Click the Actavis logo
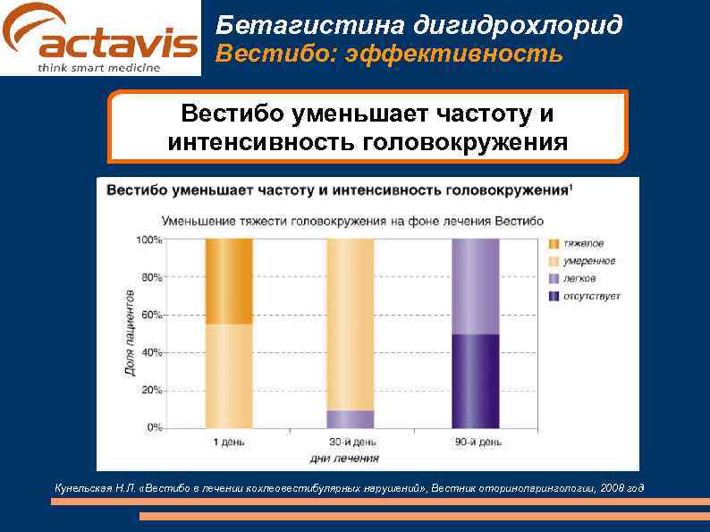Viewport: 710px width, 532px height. pyautogui.click(x=100, y=38)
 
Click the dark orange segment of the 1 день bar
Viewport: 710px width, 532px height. pyautogui.click(x=229, y=281)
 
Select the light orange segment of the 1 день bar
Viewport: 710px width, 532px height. pyautogui.click(x=229, y=376)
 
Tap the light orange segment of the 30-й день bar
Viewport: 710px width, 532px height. pyautogui.click(x=350, y=324)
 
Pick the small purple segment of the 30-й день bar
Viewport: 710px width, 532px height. pyautogui.click(x=350, y=418)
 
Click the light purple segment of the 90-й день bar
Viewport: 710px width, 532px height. pyautogui.click(x=475, y=286)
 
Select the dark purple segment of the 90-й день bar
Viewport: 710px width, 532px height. pyautogui.click(x=475, y=381)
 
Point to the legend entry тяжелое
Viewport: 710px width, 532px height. pyautogui.click(x=582, y=243)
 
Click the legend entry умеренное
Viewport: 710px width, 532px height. pyautogui.click(x=588, y=261)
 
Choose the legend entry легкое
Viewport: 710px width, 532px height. pyautogui.click(x=579, y=278)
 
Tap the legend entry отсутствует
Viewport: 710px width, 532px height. pyautogui.click(x=591, y=296)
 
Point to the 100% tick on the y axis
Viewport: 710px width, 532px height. pyautogui.click(x=148, y=240)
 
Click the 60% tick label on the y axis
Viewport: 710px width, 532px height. pyautogui.click(x=150, y=315)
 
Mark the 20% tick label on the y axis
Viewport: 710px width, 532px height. pyautogui.click(x=150, y=390)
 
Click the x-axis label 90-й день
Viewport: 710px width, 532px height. pyautogui.click(x=475, y=442)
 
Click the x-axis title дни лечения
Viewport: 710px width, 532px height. pyautogui.click(x=343, y=459)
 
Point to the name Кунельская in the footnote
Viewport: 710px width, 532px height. pyautogui.click(x=84, y=487)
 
